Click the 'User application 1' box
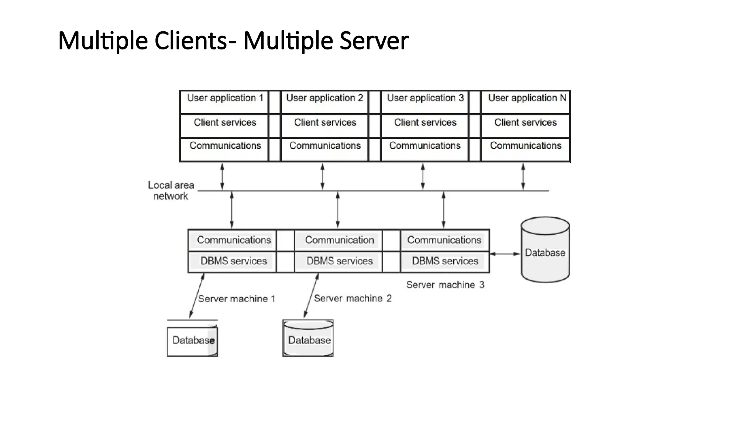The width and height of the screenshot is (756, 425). click(224, 102)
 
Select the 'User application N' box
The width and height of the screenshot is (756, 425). click(526, 102)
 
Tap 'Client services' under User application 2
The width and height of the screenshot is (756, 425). click(325, 125)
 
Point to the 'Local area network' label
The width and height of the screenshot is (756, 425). click(171, 190)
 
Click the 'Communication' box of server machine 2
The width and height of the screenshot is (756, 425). click(339, 240)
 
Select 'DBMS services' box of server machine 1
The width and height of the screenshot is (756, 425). click(233, 261)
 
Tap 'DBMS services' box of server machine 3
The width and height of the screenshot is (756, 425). click(445, 261)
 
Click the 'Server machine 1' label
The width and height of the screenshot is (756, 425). click(237, 299)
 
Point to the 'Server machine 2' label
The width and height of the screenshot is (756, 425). click(353, 298)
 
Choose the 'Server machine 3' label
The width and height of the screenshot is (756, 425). click(445, 285)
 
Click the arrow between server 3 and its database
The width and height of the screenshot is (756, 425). click(505, 254)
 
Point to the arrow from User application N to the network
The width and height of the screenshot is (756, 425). click(523, 177)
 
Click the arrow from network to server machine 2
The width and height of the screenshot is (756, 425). click(337, 210)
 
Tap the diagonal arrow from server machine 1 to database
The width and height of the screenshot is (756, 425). click(197, 296)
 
